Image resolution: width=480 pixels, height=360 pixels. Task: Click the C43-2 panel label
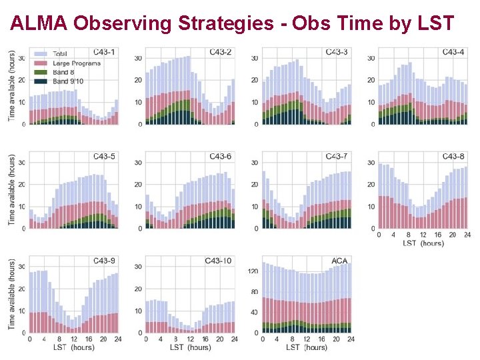coord(220,52)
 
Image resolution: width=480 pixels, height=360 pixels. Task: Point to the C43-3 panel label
coord(336,52)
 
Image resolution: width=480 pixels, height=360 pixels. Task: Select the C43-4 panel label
coord(453,52)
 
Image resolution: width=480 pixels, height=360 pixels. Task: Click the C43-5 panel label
coord(103,156)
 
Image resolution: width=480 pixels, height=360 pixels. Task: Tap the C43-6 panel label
coord(220,156)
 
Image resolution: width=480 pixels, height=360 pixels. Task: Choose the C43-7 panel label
coord(336,156)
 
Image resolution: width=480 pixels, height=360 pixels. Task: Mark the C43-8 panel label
coord(453,156)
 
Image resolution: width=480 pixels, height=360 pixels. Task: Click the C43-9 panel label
coord(103,260)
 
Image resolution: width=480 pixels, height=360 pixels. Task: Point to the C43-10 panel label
coord(218,260)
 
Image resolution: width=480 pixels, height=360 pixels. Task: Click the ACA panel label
coord(339,260)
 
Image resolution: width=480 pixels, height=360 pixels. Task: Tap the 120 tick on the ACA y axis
coord(253,271)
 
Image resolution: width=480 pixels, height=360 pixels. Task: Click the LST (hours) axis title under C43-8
coord(423,243)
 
